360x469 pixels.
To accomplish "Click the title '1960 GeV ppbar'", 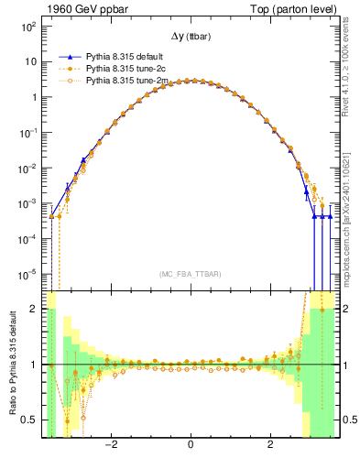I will [79, 8].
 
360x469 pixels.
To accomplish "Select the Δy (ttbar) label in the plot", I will [190, 36].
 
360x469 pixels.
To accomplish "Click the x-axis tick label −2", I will [110, 446].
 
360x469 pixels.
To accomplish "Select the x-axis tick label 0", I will [191, 446].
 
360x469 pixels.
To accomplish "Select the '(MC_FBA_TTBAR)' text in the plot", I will [190, 274].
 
